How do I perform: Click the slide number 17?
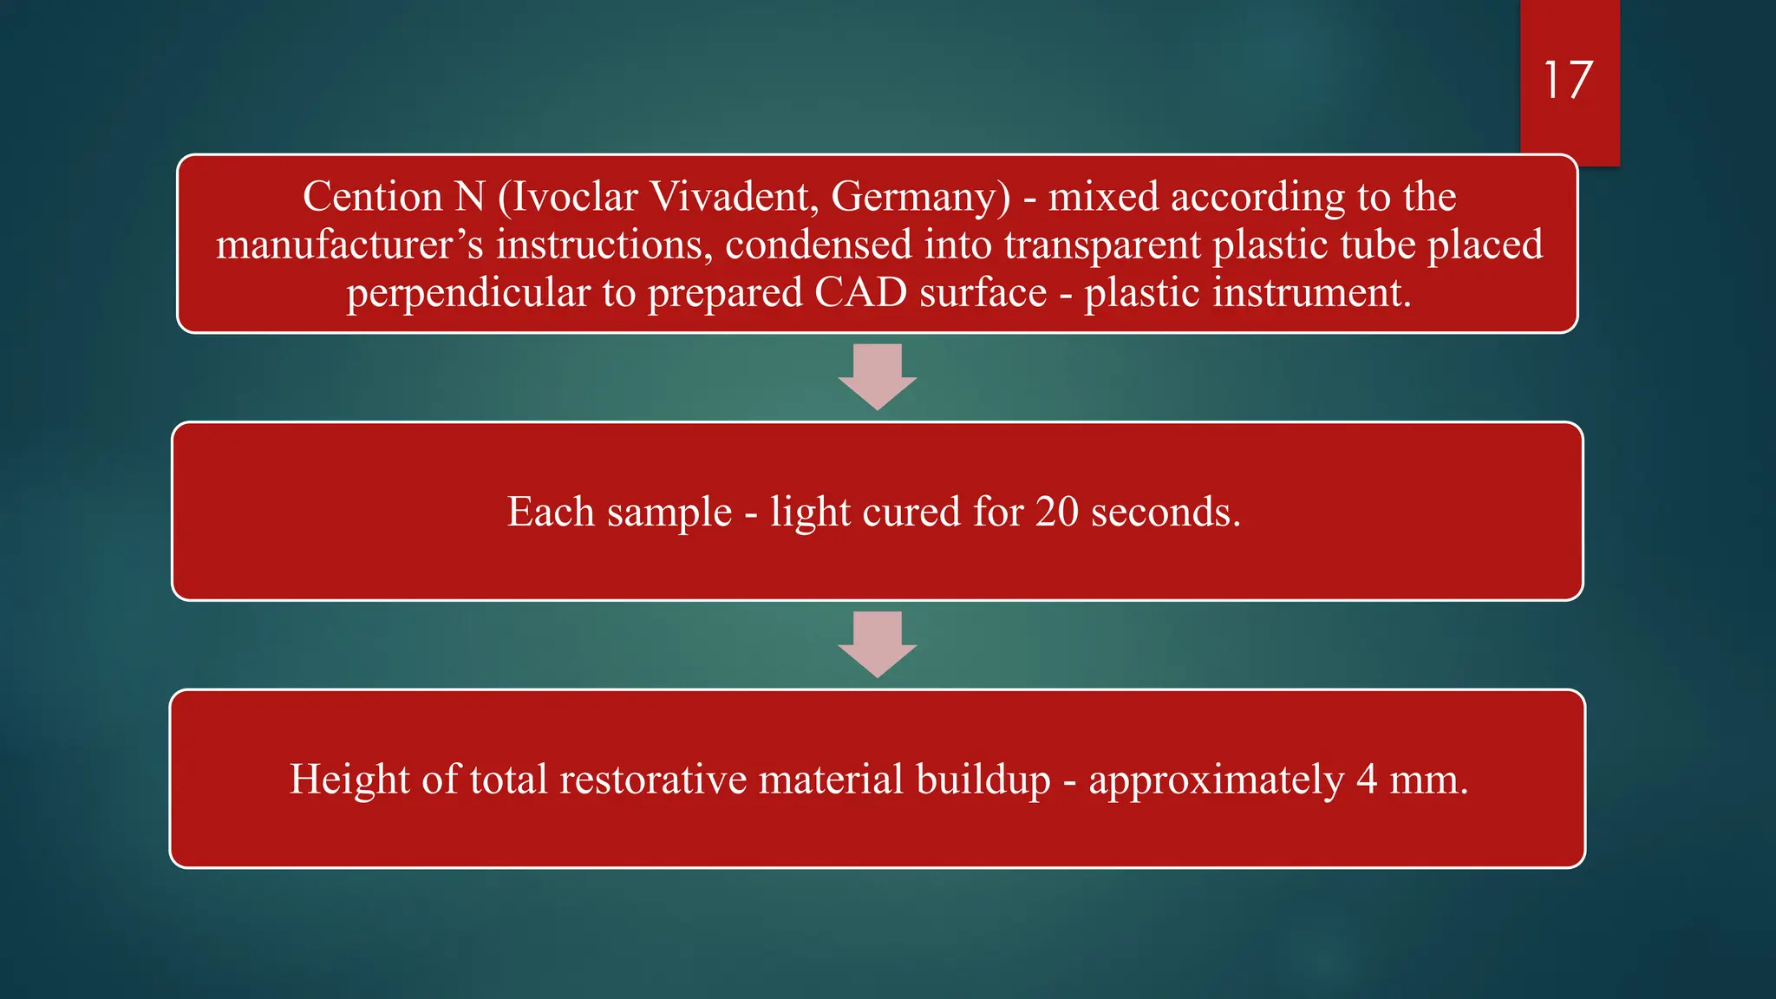click(1568, 81)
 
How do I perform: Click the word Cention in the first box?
click(372, 197)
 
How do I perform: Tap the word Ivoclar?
click(574, 197)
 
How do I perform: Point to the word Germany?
click(920, 197)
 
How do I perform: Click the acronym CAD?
click(860, 293)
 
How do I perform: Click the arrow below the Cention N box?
click(878, 376)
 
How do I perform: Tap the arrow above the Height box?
click(878, 644)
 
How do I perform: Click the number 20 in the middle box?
click(1057, 512)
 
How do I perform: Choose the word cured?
click(911, 512)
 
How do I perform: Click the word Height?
click(349, 779)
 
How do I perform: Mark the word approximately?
click(1216, 779)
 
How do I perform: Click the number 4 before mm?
click(1367, 779)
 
